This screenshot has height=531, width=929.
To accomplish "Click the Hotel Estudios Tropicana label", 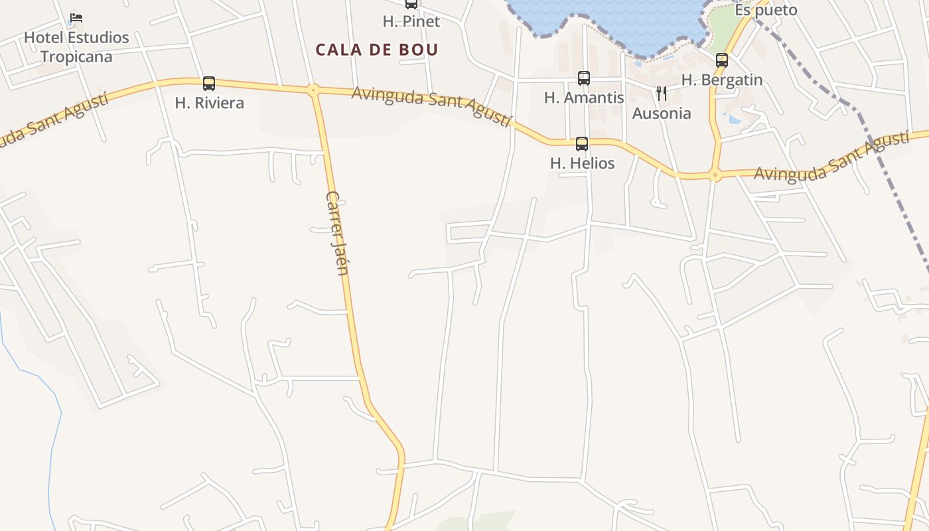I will click(x=76, y=46).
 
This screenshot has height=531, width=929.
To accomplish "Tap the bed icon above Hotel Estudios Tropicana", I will click(x=76, y=18).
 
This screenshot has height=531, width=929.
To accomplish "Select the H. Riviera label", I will click(x=209, y=103).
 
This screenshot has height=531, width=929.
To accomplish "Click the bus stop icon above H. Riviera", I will click(x=209, y=84).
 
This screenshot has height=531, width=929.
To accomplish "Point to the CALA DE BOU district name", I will click(x=377, y=50).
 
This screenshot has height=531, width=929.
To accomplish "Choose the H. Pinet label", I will click(x=411, y=21).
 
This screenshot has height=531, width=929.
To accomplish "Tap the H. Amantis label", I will click(x=584, y=98).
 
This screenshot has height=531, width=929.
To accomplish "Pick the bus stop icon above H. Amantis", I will click(x=584, y=78).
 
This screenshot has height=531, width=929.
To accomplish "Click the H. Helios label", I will click(x=582, y=163).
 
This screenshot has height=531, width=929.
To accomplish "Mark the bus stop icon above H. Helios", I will click(x=582, y=143).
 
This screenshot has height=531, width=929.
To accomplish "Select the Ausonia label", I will click(x=662, y=113).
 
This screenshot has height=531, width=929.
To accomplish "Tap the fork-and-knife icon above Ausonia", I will click(x=662, y=94).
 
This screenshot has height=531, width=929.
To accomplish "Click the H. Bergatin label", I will click(x=722, y=80).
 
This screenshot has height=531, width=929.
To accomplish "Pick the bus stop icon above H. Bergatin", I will click(x=722, y=60).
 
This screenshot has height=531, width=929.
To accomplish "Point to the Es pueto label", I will click(x=766, y=11).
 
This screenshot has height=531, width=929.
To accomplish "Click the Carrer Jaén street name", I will click(x=338, y=232).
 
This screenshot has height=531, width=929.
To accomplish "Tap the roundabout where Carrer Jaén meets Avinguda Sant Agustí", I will click(x=313, y=90).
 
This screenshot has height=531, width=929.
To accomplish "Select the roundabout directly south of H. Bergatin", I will click(x=715, y=176).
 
